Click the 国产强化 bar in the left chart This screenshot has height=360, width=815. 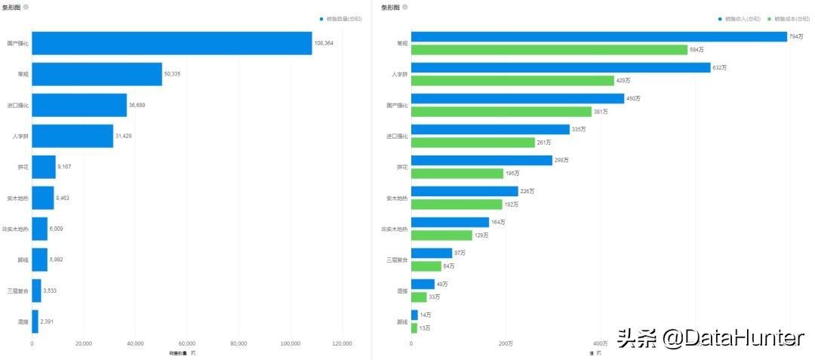coord(171,43)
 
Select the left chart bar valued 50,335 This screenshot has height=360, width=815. coord(97,74)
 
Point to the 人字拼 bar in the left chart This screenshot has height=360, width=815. coord(72,136)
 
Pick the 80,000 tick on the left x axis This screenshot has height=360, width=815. coord(238,343)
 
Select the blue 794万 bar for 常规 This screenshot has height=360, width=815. coord(598,36)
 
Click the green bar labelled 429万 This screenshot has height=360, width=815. coord(512,81)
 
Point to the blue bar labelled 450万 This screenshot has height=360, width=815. coord(517,98)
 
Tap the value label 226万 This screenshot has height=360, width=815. coord(527,191)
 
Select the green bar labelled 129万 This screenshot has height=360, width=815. coord(441,235)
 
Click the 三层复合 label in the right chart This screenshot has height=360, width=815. coord(396,260)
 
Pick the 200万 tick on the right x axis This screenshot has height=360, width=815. coord(506,343)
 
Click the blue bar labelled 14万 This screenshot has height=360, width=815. coord(414,315)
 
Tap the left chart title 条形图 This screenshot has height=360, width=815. coord(11,7)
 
